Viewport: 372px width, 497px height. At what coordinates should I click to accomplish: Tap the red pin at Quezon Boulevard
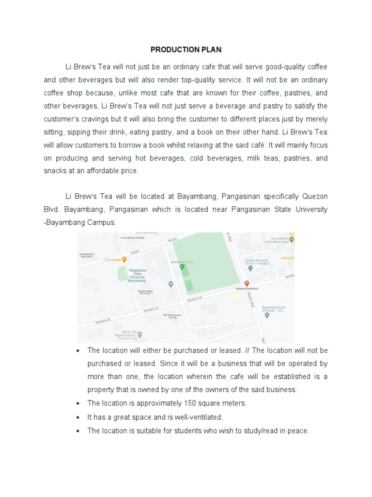pos(246,283)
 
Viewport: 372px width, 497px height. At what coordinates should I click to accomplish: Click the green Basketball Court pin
pos(182,266)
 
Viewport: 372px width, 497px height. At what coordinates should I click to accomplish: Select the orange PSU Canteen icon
pos(124,260)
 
